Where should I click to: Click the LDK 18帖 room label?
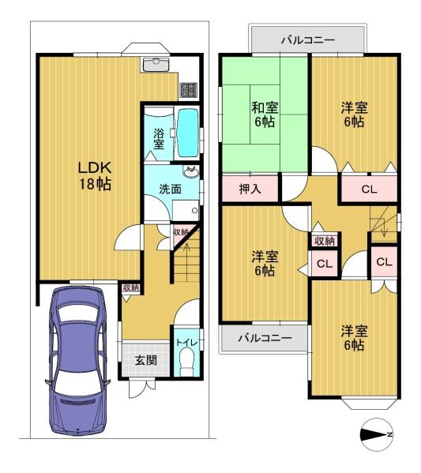click(95, 175)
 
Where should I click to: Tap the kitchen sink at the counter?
click(156, 64)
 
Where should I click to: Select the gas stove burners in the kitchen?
click(189, 90)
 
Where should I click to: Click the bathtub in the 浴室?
click(188, 133)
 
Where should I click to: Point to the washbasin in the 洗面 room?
click(191, 172)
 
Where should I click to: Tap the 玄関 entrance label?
click(146, 360)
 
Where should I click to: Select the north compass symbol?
click(377, 434)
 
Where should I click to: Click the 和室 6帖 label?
click(265, 114)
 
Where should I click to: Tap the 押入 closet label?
click(250, 190)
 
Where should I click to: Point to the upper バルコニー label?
click(308, 40)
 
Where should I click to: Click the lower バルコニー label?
click(265, 337)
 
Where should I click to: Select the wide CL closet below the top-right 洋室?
click(370, 190)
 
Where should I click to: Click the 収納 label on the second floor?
click(325, 241)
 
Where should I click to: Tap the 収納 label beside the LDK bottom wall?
click(130, 287)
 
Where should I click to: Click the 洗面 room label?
click(170, 190)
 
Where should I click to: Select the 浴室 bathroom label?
click(159, 139)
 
